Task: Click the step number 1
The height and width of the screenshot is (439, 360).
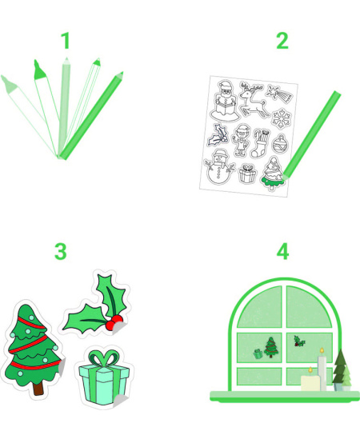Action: (x=66, y=41)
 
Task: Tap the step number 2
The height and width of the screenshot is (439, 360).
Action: (x=282, y=41)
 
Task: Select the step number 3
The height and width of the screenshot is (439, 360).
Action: (x=61, y=251)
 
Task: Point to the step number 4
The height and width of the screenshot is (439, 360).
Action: (x=282, y=251)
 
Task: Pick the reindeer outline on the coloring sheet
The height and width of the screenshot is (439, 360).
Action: (x=252, y=99)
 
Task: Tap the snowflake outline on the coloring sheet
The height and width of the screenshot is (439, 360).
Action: (x=282, y=119)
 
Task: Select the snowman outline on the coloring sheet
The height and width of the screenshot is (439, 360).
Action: (x=219, y=167)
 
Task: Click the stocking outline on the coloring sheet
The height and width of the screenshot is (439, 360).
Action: (x=260, y=143)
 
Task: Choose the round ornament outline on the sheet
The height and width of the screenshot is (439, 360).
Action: (x=279, y=144)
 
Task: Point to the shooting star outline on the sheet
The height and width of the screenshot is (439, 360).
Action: (x=279, y=94)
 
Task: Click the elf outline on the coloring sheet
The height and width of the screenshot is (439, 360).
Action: (x=242, y=140)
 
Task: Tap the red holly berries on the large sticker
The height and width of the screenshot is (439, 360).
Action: (x=114, y=321)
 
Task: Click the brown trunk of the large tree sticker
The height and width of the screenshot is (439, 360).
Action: (x=38, y=389)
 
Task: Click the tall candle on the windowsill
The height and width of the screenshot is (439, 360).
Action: (x=322, y=369)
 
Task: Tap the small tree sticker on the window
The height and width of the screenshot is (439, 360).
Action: (x=271, y=347)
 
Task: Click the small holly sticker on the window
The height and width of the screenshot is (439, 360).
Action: (x=299, y=341)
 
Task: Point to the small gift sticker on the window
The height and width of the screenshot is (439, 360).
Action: (x=258, y=354)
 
